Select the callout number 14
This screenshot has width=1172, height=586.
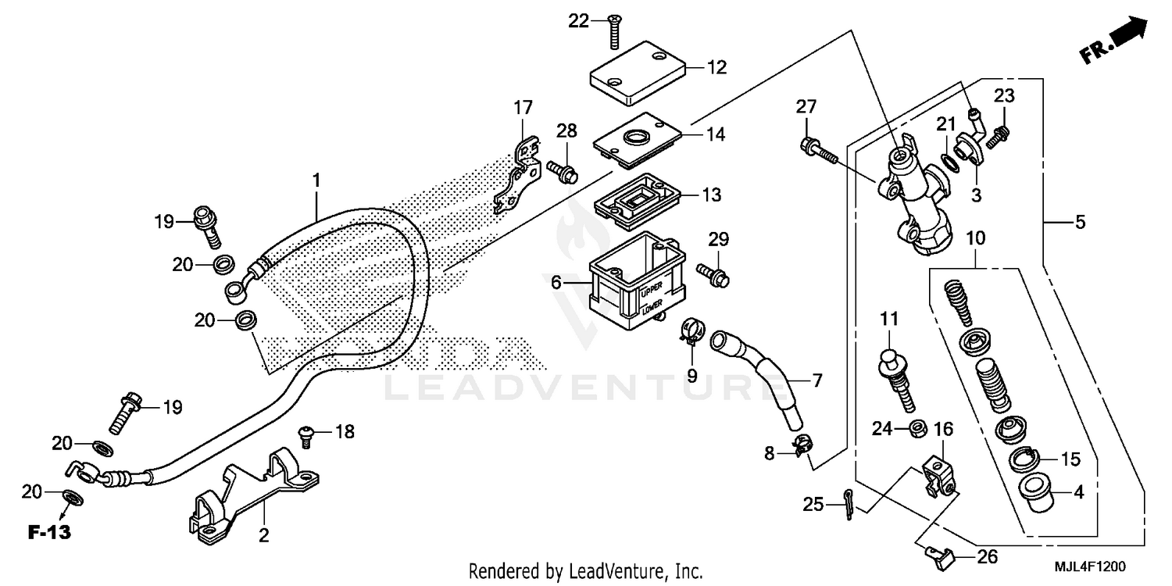[715, 134]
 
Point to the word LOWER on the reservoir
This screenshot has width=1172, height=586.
[651, 310]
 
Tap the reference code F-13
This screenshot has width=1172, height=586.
[49, 533]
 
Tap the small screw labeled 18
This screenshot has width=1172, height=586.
[307, 434]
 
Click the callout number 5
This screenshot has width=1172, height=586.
[1080, 223]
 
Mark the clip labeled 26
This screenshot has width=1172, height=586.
[937, 556]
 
